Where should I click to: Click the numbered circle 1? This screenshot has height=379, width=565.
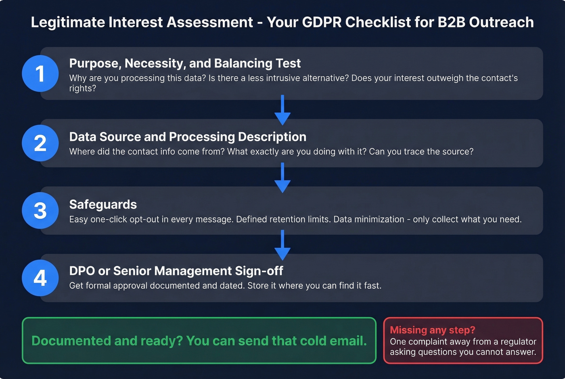[40, 73]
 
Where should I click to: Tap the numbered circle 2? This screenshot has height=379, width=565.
[40, 143]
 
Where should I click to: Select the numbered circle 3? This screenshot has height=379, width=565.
[40, 211]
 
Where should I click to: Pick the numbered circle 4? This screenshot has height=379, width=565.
[40, 278]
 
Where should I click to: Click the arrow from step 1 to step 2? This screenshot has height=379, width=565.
[282, 110]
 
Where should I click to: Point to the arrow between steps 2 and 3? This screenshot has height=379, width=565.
[282, 178]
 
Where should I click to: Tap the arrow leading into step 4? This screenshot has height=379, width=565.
[282, 245]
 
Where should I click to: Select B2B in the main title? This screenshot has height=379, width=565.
[451, 22]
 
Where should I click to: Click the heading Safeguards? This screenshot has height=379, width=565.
[103, 205]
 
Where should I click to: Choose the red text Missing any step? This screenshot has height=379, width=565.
[432, 330]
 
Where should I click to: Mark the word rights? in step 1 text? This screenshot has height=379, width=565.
[82, 88]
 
